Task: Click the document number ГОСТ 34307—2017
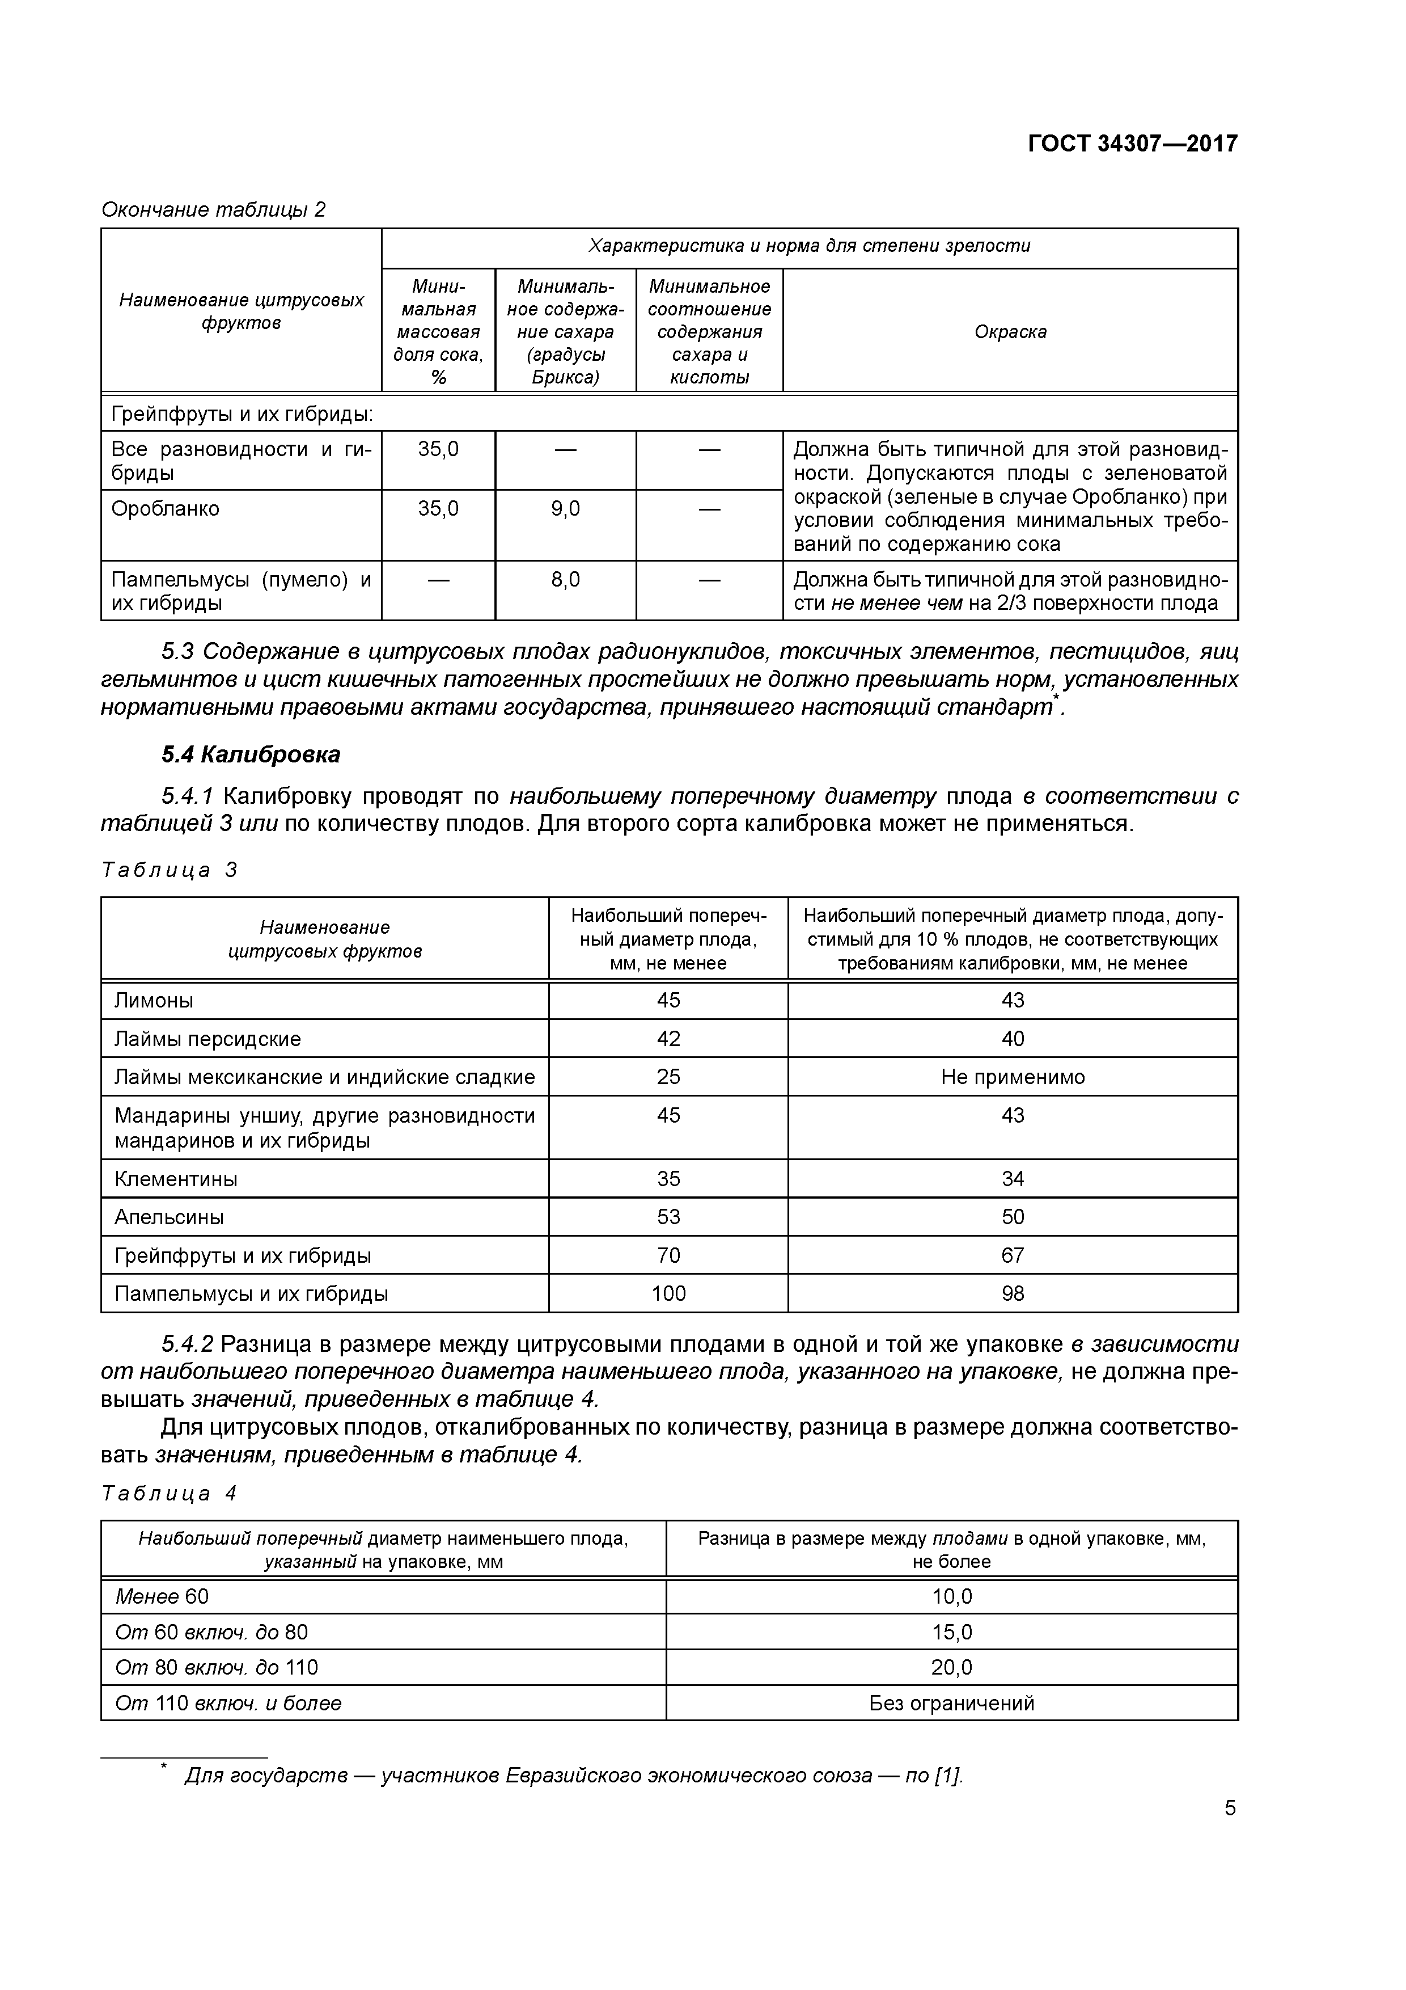click(x=1132, y=143)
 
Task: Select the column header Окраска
click(x=1010, y=332)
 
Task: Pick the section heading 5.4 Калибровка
click(x=251, y=755)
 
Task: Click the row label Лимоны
click(x=154, y=1000)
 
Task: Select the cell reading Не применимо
click(x=1013, y=1077)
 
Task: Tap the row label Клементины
click(x=176, y=1179)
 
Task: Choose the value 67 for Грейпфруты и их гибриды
click(x=1013, y=1255)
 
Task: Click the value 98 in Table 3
click(x=1013, y=1293)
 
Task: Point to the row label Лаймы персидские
click(x=208, y=1038)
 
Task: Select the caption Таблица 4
click(x=169, y=1494)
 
